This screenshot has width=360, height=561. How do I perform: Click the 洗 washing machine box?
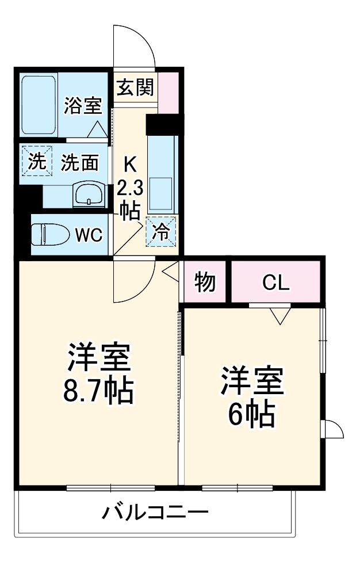coord(36,163)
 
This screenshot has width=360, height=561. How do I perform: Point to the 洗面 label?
coord(80,163)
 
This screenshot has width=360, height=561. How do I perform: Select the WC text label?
coord(89,234)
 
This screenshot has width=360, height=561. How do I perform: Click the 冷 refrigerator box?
coord(161,231)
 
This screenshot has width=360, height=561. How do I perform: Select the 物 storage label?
coord(205,282)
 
